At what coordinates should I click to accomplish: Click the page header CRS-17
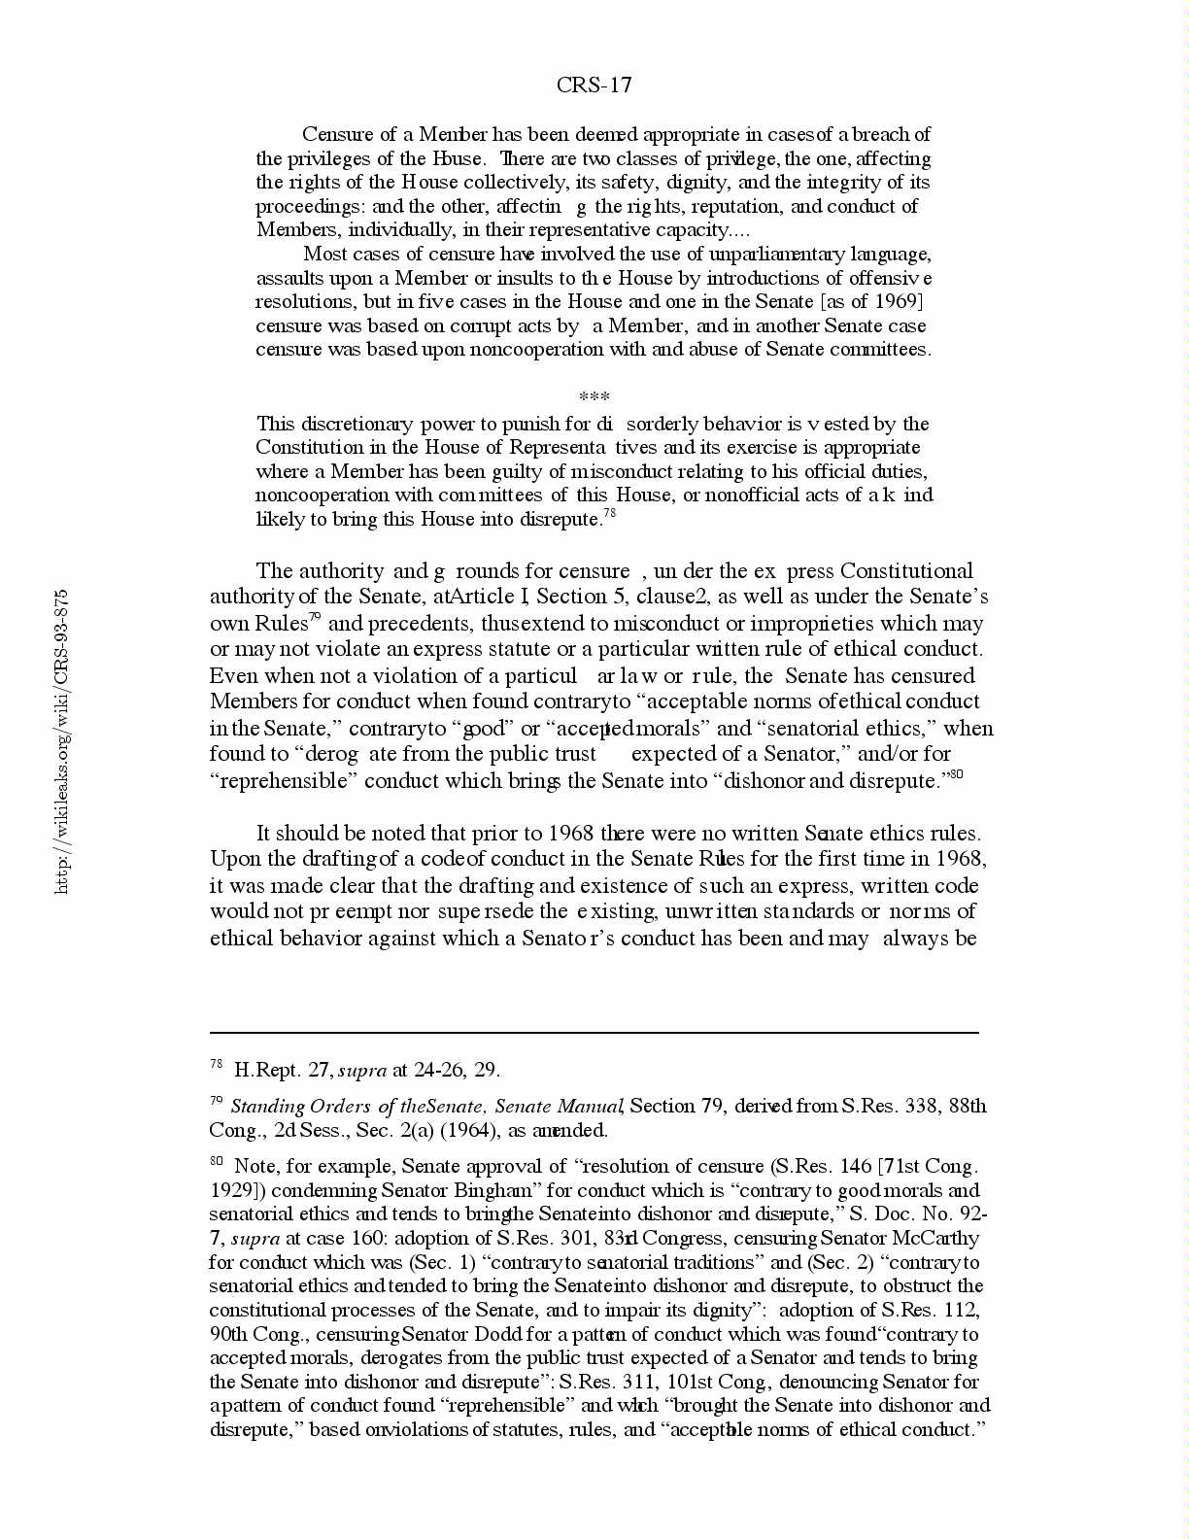[594, 85]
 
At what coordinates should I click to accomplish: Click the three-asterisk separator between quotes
[594, 397]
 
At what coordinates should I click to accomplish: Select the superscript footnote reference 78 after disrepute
[610, 514]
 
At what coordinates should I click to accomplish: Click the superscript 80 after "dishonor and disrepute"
[956, 774]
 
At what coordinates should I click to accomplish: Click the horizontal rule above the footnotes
[594, 1033]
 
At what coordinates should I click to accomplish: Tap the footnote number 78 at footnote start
[217, 1065]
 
